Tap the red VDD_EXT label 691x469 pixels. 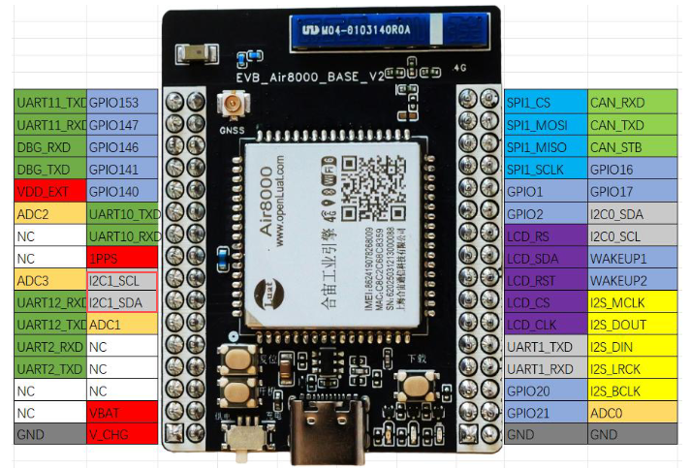(x=50, y=192)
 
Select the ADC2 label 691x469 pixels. (x=50, y=214)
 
